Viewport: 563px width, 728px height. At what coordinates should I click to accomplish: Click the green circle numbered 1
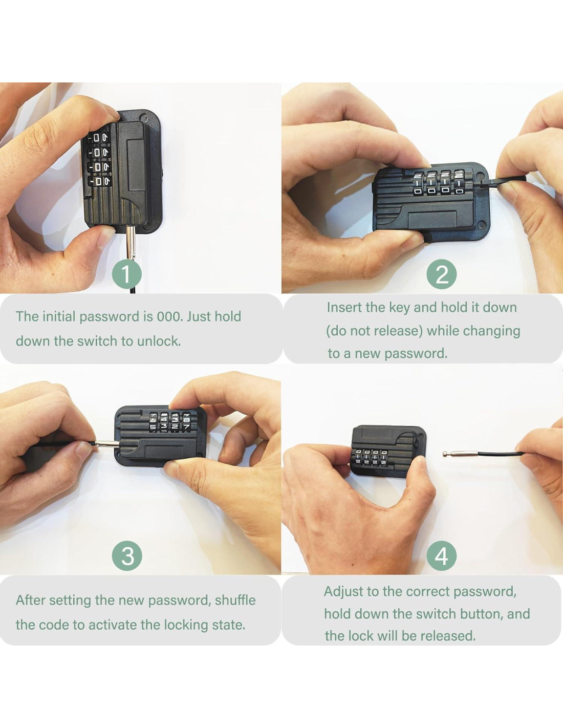(x=126, y=274)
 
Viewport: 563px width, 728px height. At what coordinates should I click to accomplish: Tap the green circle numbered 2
(x=441, y=274)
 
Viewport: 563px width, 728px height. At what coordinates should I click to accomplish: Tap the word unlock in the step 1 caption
(x=159, y=341)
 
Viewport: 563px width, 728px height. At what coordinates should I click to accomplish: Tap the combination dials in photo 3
(x=169, y=422)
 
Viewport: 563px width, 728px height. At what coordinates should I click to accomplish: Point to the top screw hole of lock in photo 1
(x=144, y=118)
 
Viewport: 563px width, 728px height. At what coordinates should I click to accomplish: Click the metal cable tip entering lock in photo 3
(x=107, y=444)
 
